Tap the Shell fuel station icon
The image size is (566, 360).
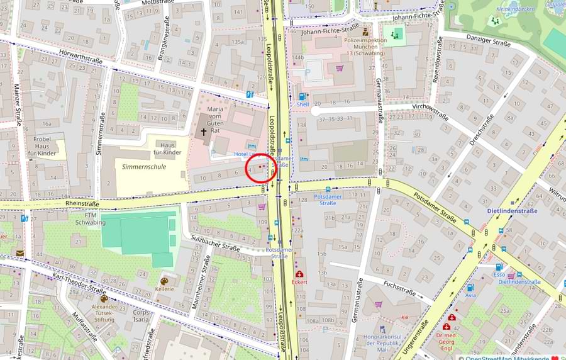coord(302,96)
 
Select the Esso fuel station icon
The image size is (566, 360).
coord(499,266)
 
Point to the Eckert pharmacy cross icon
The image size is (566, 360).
coord(299,274)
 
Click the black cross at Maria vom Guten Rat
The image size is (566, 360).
coord(204,132)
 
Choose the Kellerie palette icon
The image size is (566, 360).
coord(165,281)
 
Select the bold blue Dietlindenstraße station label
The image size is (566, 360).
coord(512,211)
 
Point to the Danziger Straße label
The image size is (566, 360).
coord(487,42)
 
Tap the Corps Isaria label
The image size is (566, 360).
coord(141,315)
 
